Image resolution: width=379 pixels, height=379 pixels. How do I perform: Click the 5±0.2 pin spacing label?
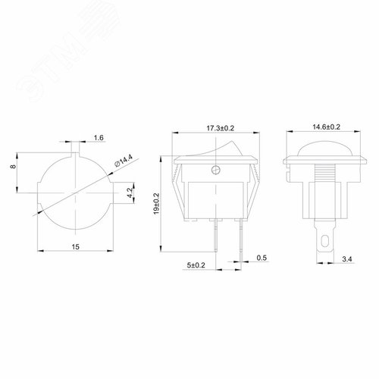click(196, 264)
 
